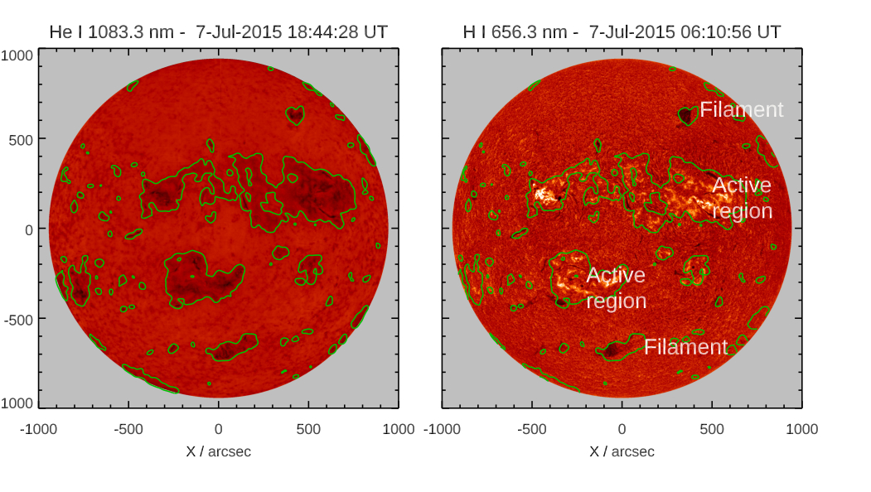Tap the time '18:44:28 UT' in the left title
tap(336, 32)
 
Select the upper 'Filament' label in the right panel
tap(741, 109)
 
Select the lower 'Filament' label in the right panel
tap(685, 347)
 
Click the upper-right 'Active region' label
tap(742, 198)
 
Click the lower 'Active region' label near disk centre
tap(616, 287)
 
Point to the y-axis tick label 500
tap(22, 139)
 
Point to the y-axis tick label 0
tap(28, 229)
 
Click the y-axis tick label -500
tap(18, 320)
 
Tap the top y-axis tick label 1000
tap(17, 55)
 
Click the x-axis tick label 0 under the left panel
tap(218, 429)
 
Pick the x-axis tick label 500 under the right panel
tap(712, 429)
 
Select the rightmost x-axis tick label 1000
tap(801, 429)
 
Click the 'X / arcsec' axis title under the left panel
tap(218, 451)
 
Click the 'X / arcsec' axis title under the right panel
tap(622, 451)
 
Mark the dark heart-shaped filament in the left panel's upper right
tap(295, 115)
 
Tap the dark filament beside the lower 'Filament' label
tap(613, 350)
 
